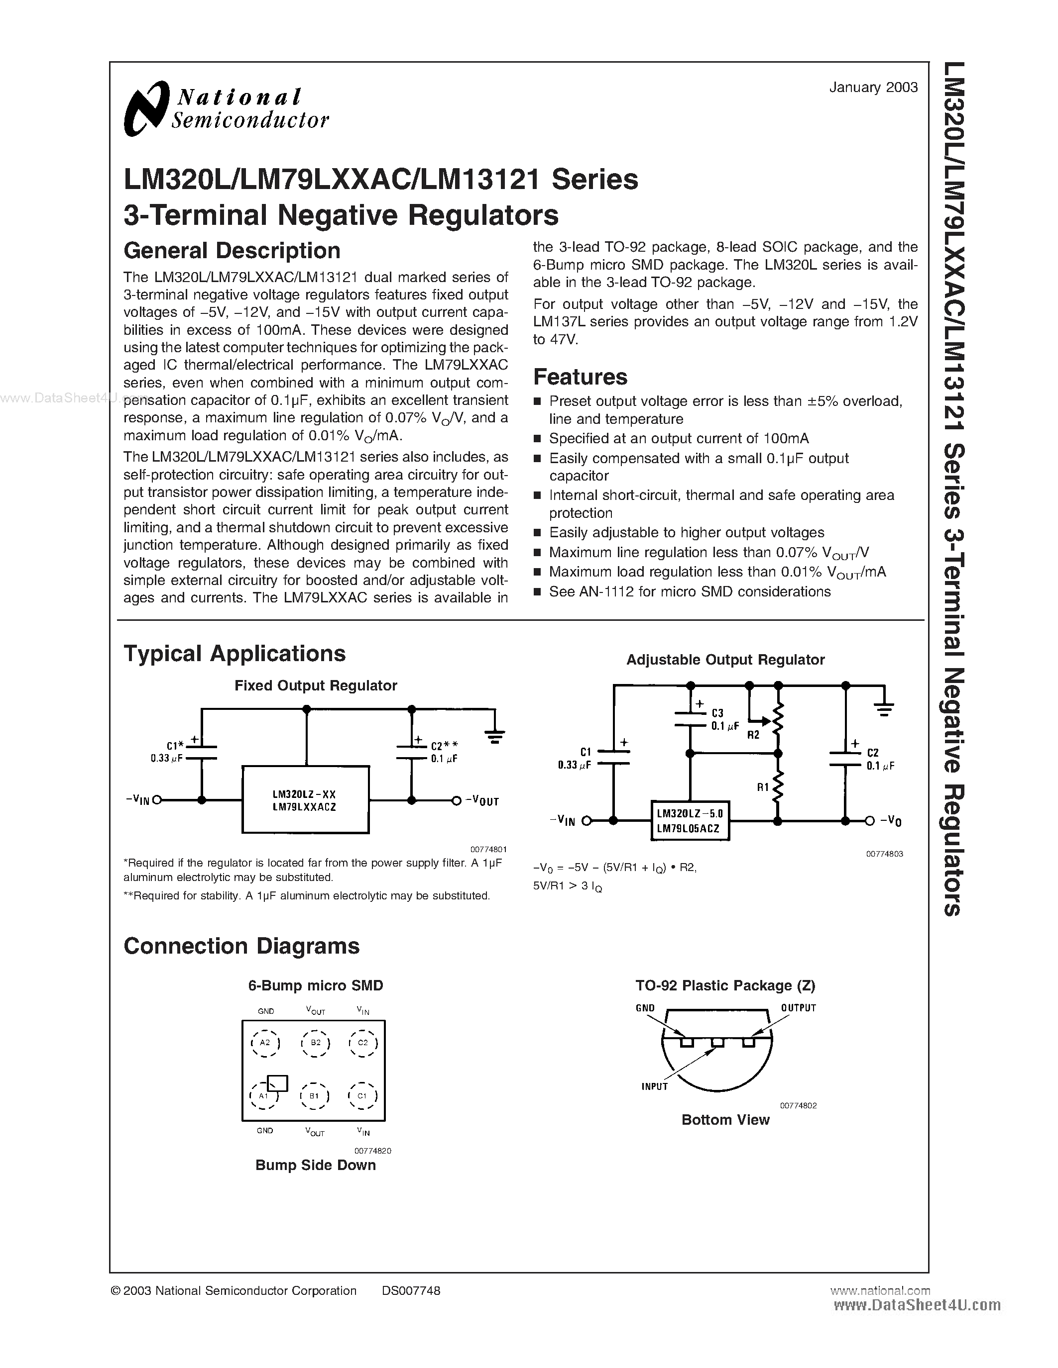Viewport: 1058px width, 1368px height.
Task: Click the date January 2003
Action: pyautogui.click(x=873, y=88)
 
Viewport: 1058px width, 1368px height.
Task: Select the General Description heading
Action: pyautogui.click(x=232, y=251)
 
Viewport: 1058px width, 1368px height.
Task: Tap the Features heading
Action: pyautogui.click(x=580, y=377)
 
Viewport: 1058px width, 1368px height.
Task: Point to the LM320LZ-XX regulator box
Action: pyautogui.click(x=305, y=800)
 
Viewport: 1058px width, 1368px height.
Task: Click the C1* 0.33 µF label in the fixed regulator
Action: pyautogui.click(x=168, y=752)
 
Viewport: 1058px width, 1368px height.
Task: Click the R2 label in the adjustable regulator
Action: pyautogui.click(x=753, y=735)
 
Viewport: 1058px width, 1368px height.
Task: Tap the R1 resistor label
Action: pyautogui.click(x=762, y=787)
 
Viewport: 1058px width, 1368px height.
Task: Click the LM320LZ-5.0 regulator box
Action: pyautogui.click(x=690, y=820)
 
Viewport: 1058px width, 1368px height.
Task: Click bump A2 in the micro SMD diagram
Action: pyautogui.click(x=264, y=1043)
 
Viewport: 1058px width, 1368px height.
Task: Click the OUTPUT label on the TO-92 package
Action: pyautogui.click(x=798, y=1008)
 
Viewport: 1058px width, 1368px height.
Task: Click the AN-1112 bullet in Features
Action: pyautogui.click(x=690, y=591)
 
